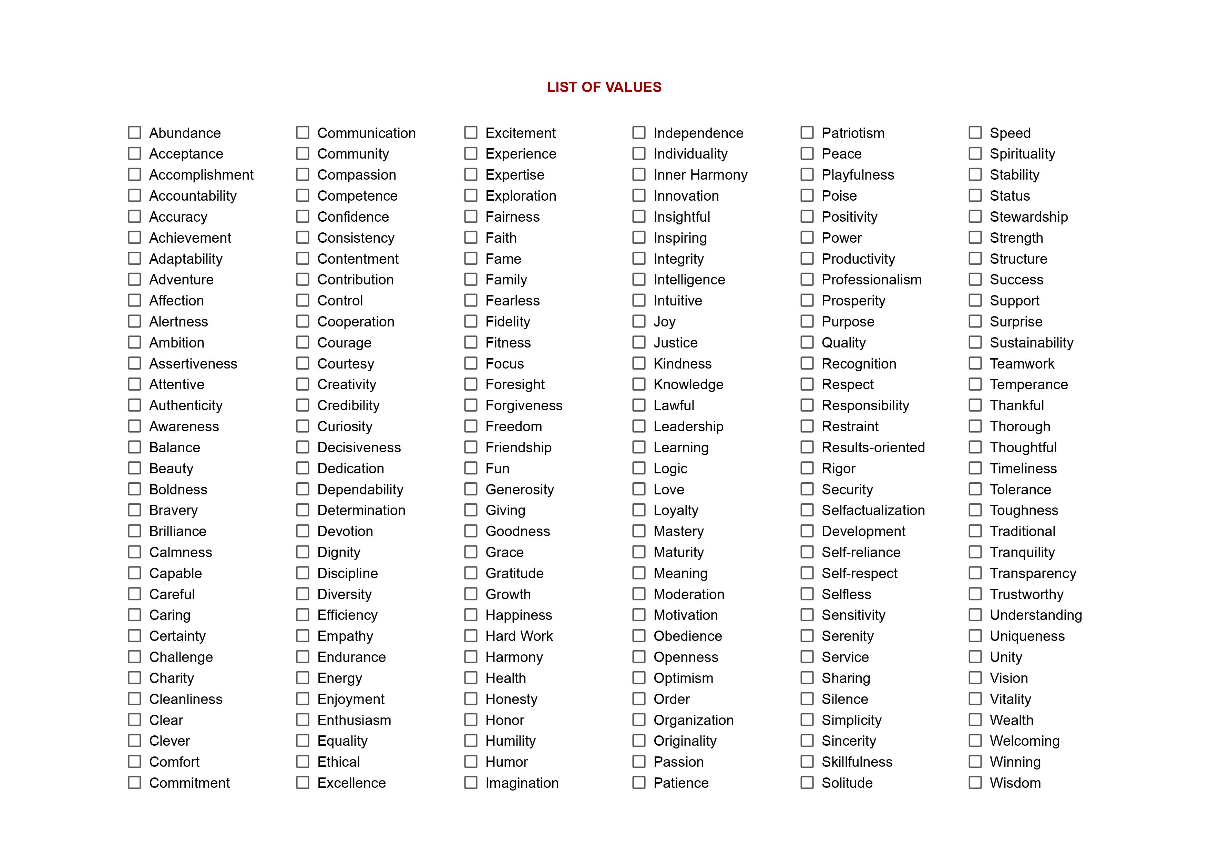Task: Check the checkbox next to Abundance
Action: click(135, 132)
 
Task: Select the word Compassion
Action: click(357, 175)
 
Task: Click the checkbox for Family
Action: click(471, 279)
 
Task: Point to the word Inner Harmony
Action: click(700, 175)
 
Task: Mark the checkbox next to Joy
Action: click(639, 321)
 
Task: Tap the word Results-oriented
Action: click(873, 447)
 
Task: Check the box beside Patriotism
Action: click(807, 132)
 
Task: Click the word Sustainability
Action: click(1031, 342)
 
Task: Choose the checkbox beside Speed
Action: click(975, 132)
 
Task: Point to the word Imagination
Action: click(522, 783)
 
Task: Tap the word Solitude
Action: click(847, 783)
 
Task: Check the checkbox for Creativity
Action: click(303, 384)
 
